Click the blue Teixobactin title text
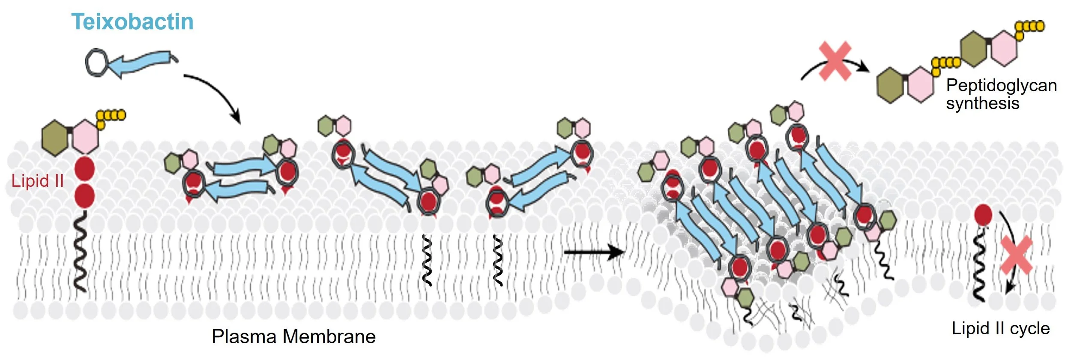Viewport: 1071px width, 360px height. point(132,21)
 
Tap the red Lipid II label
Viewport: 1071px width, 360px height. point(38,181)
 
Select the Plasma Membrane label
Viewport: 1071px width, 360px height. point(293,337)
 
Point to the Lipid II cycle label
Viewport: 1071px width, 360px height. point(1001,329)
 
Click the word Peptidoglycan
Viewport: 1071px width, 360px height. point(1002,85)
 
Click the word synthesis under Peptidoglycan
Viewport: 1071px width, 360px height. point(983,103)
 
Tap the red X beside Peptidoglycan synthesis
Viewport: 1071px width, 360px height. point(835,61)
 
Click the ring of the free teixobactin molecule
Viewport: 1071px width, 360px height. point(96,63)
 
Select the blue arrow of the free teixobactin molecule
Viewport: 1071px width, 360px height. point(141,63)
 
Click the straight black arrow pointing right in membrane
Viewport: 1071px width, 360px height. point(593,252)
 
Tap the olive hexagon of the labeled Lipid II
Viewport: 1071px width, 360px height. point(55,138)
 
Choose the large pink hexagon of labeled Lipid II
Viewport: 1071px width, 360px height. point(85,137)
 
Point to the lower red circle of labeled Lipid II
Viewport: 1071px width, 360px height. point(85,195)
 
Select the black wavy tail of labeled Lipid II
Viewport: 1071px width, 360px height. point(80,255)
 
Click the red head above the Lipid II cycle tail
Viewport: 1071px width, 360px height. point(983,215)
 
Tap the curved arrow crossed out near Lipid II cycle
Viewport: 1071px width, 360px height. point(1010,244)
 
